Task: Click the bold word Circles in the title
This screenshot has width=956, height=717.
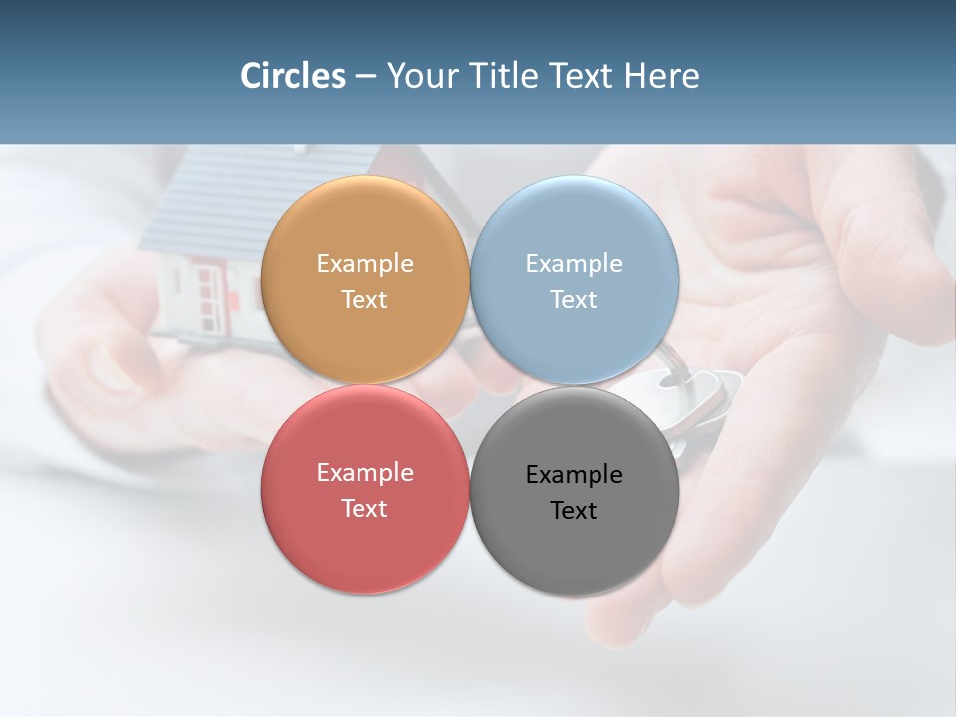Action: pos(293,76)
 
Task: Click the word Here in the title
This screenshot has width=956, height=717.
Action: pos(661,76)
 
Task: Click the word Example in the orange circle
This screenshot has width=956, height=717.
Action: pos(364,264)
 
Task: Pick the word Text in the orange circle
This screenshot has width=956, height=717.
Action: pos(364,300)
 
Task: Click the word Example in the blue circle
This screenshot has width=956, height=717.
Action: pos(574,264)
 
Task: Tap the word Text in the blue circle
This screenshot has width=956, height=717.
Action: pos(574,300)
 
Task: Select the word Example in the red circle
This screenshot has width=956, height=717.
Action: pos(364,473)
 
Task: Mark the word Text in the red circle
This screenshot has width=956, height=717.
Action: pos(364,509)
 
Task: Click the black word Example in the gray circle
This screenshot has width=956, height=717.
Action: pos(574,475)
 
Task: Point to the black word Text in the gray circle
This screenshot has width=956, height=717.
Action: pos(574,511)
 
